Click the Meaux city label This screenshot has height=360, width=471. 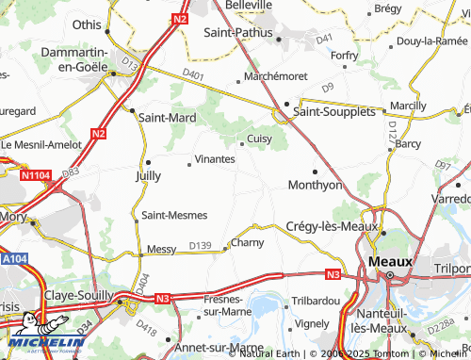click(x=391, y=259)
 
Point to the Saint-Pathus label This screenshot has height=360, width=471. click(x=239, y=32)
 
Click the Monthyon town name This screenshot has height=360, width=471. click(x=315, y=185)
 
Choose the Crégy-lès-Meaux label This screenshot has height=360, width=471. click(x=331, y=226)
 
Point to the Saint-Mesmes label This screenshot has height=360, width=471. click(x=174, y=215)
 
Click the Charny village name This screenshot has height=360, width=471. click(x=248, y=242)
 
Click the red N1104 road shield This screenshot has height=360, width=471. click(x=35, y=175)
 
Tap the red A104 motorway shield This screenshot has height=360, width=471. click(x=13, y=258)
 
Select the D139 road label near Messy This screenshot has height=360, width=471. click(x=200, y=246)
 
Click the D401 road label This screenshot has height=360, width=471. click(x=193, y=73)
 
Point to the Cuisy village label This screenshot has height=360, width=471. click(x=259, y=139)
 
